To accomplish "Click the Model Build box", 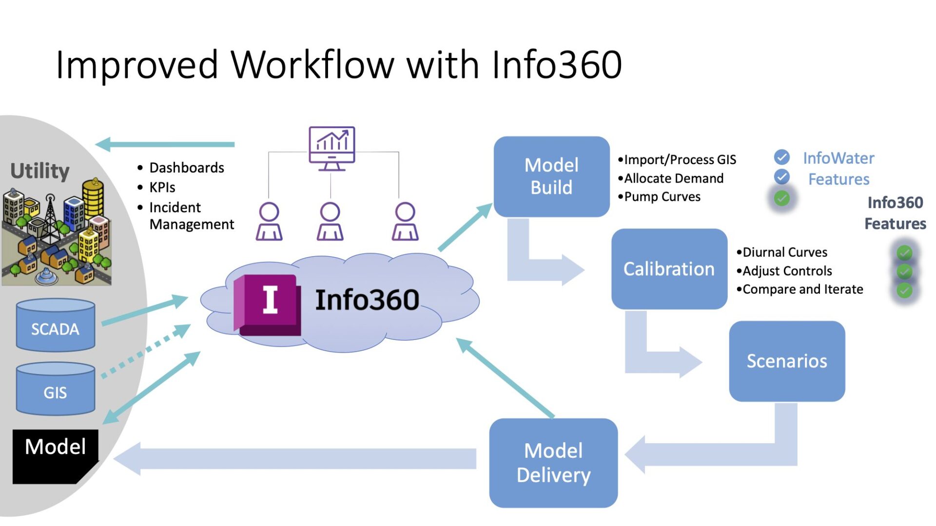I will (x=551, y=176).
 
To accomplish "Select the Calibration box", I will (x=669, y=269).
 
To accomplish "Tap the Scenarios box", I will (x=787, y=361).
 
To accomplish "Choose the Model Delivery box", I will (x=553, y=463).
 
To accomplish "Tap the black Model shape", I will (x=55, y=455).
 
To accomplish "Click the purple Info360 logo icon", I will (x=267, y=304).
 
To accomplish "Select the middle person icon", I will (x=330, y=222).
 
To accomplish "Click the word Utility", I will (x=40, y=171).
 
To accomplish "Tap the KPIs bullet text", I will (x=162, y=188).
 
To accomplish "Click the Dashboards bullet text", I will (x=186, y=168).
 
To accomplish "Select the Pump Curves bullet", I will (x=662, y=197).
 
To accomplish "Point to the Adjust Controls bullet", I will (x=787, y=271).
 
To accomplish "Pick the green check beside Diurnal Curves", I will (x=904, y=252).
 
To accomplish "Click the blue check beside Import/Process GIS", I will (x=781, y=157).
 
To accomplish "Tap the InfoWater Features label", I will (x=838, y=169).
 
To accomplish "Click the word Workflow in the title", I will (x=312, y=65).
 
